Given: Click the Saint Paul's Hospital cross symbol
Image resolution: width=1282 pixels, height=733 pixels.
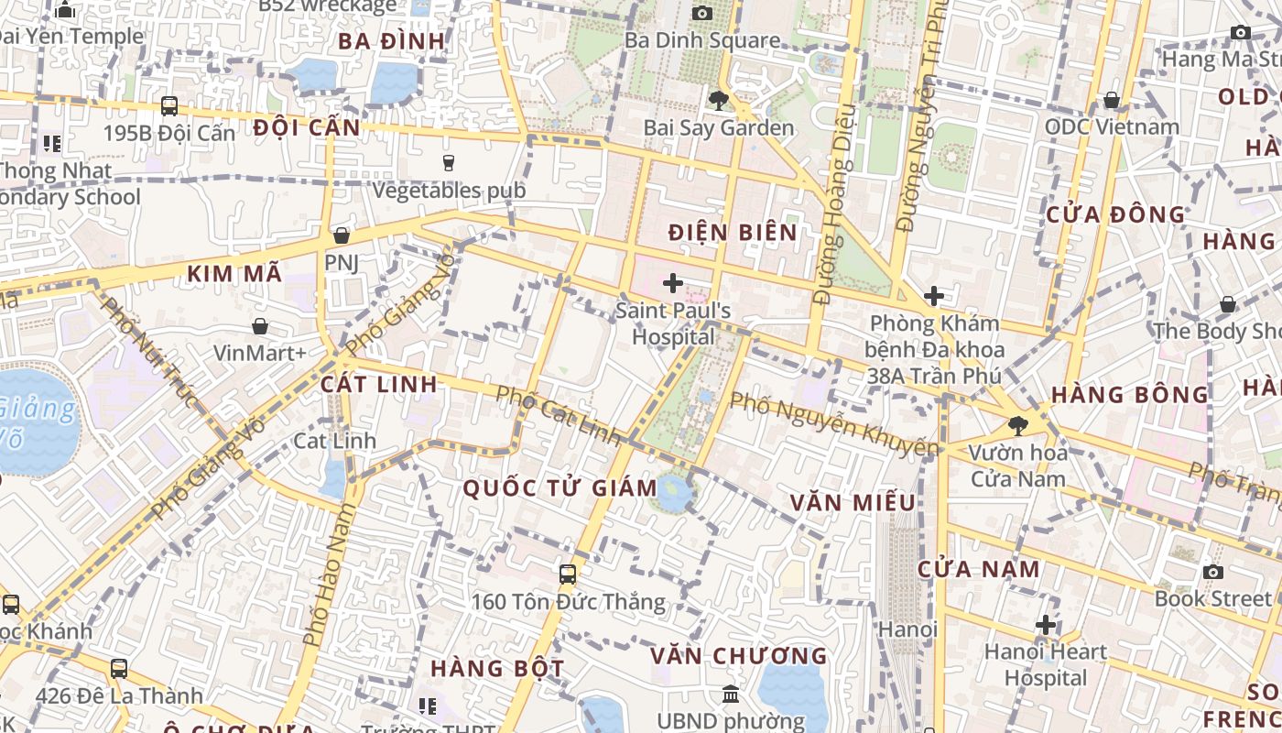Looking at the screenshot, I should (x=673, y=283).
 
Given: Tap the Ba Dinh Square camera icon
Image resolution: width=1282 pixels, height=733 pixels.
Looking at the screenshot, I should (x=702, y=13).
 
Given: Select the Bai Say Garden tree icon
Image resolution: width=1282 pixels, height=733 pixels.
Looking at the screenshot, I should (x=719, y=100).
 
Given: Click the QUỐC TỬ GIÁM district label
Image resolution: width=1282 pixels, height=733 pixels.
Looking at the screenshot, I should (x=560, y=487).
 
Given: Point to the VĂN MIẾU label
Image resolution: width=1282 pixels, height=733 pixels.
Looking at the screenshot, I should (x=853, y=502).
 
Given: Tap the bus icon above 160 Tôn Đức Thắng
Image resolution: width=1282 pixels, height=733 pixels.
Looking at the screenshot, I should (x=568, y=574).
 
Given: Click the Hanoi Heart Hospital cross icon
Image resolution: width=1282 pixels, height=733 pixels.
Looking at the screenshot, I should (x=1046, y=625).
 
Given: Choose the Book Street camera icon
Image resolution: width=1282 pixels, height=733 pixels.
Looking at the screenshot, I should (x=1213, y=572).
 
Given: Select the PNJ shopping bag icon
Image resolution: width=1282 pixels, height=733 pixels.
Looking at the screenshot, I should (x=342, y=235).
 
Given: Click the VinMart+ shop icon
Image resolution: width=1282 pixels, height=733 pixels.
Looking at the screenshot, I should (x=260, y=325).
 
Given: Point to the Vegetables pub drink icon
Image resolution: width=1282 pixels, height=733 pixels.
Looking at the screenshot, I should (x=449, y=163).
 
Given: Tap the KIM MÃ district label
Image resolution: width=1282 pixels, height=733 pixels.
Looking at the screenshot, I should (x=234, y=273).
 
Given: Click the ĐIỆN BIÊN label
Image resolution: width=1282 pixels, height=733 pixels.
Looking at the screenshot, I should (x=733, y=232).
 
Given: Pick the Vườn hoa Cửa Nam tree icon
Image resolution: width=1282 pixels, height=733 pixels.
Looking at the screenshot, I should (x=1017, y=425).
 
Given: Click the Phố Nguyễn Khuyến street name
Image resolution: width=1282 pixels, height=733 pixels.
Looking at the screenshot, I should (x=834, y=423).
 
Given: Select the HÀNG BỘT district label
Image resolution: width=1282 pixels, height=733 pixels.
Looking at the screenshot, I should (x=497, y=668).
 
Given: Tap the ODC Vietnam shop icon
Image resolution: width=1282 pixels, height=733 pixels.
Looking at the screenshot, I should (x=1112, y=99).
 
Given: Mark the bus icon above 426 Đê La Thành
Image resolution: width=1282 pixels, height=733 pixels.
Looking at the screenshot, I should (x=119, y=669).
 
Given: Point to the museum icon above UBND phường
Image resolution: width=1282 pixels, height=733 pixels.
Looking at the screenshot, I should (x=731, y=695).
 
